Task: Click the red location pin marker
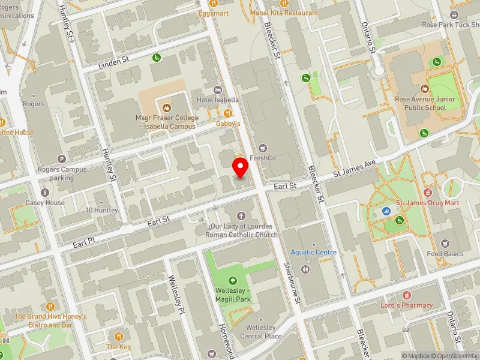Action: [x=241, y=167]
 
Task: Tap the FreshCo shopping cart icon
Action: [x=262, y=148]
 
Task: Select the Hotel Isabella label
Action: [x=217, y=100]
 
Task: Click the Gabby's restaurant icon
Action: [x=227, y=113]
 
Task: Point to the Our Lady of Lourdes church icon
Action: [x=241, y=215]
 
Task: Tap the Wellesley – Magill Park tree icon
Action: [x=232, y=281]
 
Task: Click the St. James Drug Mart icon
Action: [x=428, y=193]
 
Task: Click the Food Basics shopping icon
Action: [x=445, y=244]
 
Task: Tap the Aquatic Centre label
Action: [x=314, y=253]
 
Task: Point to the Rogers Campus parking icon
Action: [x=60, y=159]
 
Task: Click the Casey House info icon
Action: [x=44, y=193]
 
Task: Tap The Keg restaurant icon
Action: [x=119, y=337]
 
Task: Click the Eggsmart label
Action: [x=215, y=13]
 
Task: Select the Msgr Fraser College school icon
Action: [x=166, y=108]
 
